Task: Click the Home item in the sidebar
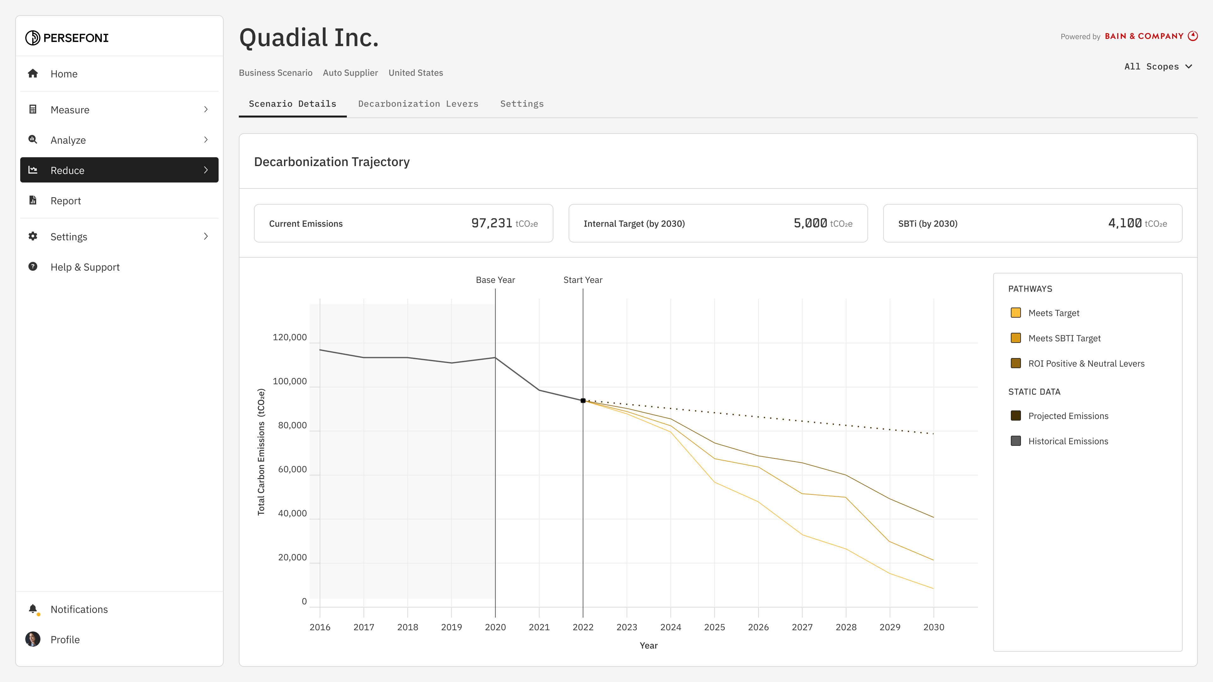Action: [64, 74]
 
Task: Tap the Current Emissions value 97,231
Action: [491, 223]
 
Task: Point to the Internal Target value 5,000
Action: [810, 223]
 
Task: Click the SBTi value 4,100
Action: [1125, 223]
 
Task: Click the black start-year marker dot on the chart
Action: [583, 401]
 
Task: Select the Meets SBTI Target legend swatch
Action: [1016, 338]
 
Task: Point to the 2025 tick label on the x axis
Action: [714, 627]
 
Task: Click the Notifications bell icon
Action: [33, 609]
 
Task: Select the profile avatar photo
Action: [33, 639]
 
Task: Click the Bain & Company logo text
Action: [1144, 36]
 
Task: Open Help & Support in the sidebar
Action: [85, 267]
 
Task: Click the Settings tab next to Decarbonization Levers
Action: [522, 104]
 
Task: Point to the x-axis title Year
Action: [649, 646]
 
